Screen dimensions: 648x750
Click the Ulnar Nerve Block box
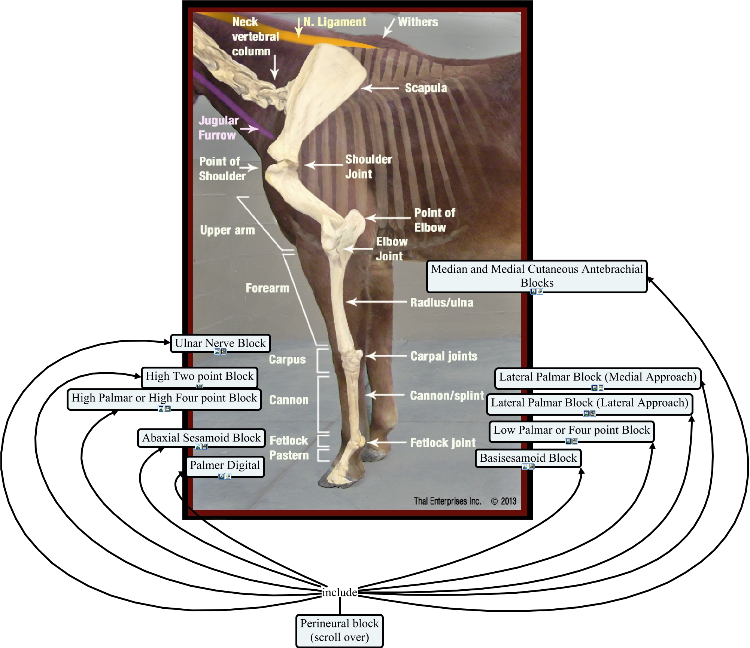coord(220,343)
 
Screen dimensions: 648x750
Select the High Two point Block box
coord(199,376)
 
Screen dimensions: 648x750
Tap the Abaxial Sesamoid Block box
coord(201,438)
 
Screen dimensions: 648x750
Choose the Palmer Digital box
coord(225,465)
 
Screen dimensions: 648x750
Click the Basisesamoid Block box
coord(528,458)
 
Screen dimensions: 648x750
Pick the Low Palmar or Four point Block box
coord(571,430)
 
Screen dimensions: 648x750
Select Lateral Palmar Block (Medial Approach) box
coord(598,377)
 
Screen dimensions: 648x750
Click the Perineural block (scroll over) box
coord(340,630)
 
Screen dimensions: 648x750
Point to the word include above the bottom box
coord(340,592)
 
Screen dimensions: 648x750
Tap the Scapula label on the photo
coord(426,88)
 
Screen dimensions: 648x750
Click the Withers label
coord(418,22)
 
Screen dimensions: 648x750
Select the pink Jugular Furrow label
coord(218,128)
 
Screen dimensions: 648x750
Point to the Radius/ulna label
coord(441,303)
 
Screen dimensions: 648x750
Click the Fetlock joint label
coord(443,443)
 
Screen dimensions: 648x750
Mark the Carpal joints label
coord(444,356)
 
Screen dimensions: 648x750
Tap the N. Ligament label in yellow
coord(335,22)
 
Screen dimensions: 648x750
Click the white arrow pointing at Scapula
coord(380,88)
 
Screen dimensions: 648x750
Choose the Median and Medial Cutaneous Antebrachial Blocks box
coord(537,276)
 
